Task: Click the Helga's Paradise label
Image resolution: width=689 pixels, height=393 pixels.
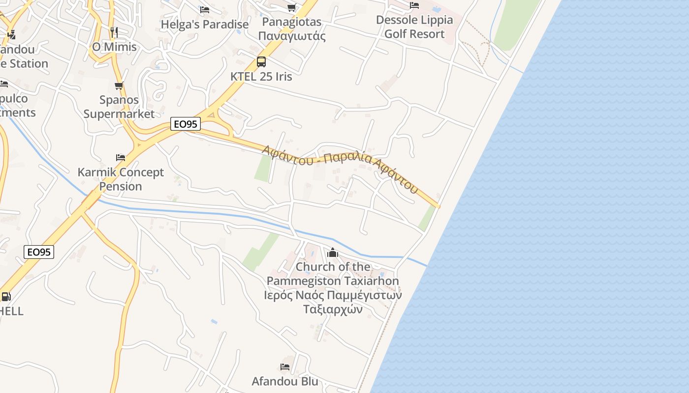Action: pyautogui.click(x=205, y=24)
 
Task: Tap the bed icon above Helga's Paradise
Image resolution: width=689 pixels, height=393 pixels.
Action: pyautogui.click(x=205, y=10)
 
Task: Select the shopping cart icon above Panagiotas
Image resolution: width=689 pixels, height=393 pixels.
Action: pyautogui.click(x=292, y=7)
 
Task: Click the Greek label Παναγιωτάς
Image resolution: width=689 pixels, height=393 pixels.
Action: pyautogui.click(x=292, y=36)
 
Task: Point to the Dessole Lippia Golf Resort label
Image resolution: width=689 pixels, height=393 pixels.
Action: pyautogui.click(x=414, y=27)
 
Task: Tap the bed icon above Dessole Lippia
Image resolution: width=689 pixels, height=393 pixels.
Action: pyautogui.click(x=414, y=5)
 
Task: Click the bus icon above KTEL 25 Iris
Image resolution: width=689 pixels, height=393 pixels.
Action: pyautogui.click(x=261, y=62)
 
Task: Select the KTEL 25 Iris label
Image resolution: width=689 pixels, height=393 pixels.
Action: pyautogui.click(x=261, y=77)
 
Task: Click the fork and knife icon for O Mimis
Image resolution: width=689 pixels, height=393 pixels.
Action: pyautogui.click(x=114, y=32)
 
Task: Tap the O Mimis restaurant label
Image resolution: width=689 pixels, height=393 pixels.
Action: pyautogui.click(x=114, y=47)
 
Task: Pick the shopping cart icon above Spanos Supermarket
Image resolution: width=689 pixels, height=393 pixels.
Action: pyautogui.click(x=119, y=85)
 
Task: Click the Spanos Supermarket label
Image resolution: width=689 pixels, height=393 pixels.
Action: pyautogui.click(x=119, y=107)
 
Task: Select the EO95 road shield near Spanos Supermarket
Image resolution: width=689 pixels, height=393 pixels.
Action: pyautogui.click(x=186, y=124)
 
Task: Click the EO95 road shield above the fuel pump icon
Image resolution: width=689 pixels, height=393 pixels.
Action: pyautogui.click(x=39, y=253)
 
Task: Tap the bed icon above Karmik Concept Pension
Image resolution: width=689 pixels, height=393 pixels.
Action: pyautogui.click(x=121, y=158)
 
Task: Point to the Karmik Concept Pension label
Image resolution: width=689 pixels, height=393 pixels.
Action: pyautogui.click(x=121, y=179)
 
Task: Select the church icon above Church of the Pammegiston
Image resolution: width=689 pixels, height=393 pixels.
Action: pyautogui.click(x=333, y=253)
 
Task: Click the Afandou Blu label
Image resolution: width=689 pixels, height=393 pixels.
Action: pyautogui.click(x=285, y=381)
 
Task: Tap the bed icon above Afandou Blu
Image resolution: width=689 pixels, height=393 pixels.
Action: pyautogui.click(x=285, y=367)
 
